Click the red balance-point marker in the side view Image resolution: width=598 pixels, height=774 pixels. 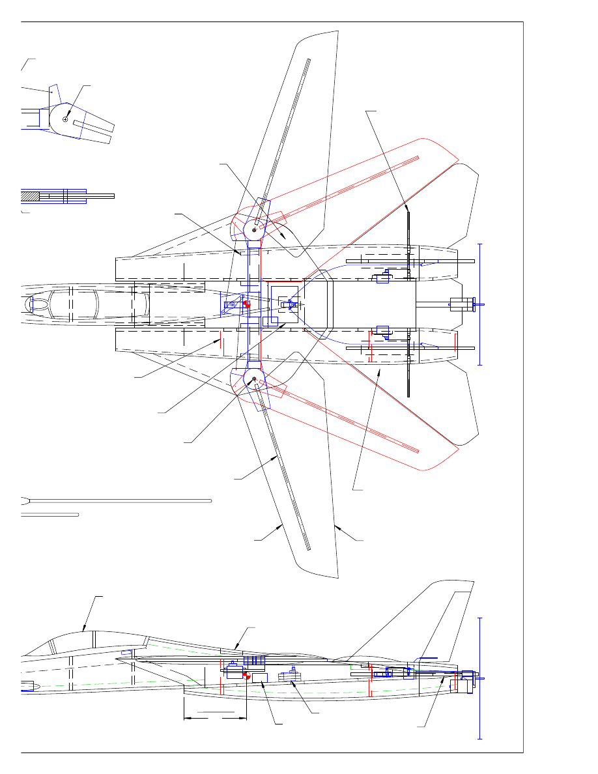(x=246, y=676)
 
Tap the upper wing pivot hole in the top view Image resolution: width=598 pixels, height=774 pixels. (x=254, y=229)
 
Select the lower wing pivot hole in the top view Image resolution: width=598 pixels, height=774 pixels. (x=254, y=379)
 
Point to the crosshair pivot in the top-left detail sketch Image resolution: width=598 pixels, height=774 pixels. (x=66, y=119)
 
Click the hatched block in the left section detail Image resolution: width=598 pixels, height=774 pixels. (x=30, y=195)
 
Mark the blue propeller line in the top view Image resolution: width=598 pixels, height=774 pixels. (x=480, y=304)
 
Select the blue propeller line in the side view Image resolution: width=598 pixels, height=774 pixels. (x=480, y=678)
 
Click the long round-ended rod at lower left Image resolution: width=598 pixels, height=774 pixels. (x=117, y=501)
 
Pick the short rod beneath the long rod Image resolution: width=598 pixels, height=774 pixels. (x=50, y=515)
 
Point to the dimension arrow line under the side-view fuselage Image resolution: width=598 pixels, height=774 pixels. (x=215, y=718)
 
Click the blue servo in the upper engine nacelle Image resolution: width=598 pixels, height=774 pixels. (x=382, y=278)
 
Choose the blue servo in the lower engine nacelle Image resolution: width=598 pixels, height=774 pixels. (x=382, y=330)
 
